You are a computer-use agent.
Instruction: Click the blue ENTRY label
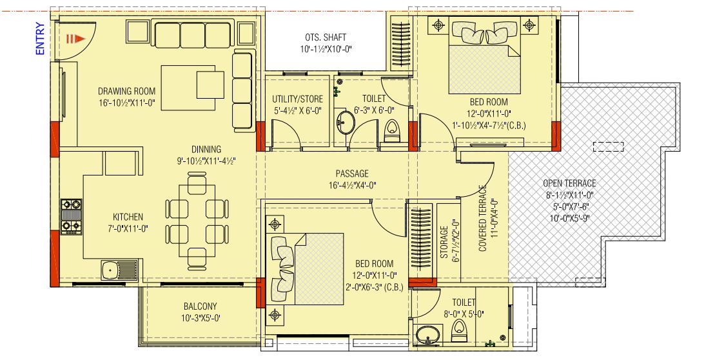pyautogui.click(x=40, y=39)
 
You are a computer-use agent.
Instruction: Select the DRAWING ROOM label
pyautogui.click(x=126, y=91)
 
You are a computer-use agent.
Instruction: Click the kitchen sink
pyautogui.click(x=115, y=267)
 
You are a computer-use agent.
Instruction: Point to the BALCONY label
pyautogui.click(x=200, y=306)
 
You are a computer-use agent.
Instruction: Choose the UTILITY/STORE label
pyautogui.click(x=297, y=99)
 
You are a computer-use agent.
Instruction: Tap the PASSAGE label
pyautogui.click(x=352, y=174)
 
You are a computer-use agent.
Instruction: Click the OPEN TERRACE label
pyautogui.click(x=569, y=183)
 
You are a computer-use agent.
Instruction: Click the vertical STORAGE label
pyautogui.click(x=444, y=242)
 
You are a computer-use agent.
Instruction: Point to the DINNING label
pyautogui.click(x=206, y=149)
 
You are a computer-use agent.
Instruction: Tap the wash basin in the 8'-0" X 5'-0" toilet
pyautogui.click(x=426, y=336)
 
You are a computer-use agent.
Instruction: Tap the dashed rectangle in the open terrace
pyautogui.click(x=609, y=146)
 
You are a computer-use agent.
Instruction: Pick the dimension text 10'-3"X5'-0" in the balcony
pyautogui.click(x=200, y=318)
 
